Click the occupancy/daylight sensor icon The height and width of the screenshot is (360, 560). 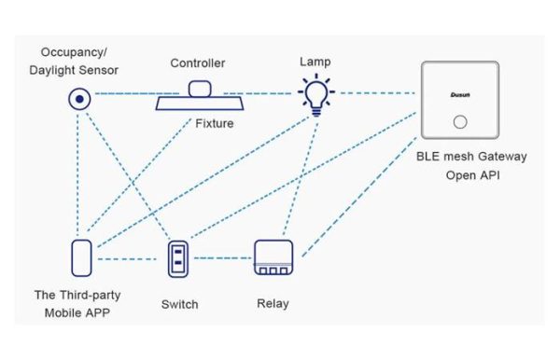pos(81,97)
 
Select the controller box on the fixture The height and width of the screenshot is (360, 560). pos(200,89)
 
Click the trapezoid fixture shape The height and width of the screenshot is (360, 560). pos(200,103)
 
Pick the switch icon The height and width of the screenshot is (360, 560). pos(178,258)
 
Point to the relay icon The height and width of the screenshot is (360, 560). pos(273,258)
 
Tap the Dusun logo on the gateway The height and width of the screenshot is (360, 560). pos(458,95)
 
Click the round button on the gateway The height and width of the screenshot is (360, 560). pos(459,122)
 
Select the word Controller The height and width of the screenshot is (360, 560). pos(197,63)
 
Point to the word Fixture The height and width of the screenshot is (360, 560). pos(215,123)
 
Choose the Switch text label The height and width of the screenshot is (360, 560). pos(179,304)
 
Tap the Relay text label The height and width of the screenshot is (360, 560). pos(273,304)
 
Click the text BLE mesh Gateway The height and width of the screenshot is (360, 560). pos(472,157)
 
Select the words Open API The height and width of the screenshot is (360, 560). pos(472,174)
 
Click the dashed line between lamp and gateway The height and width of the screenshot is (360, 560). pos(373,93)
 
